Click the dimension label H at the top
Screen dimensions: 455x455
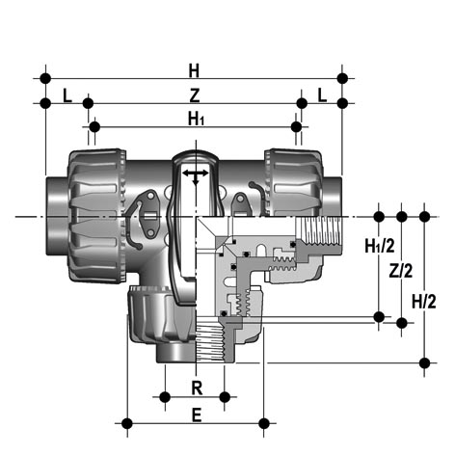tap(194, 70)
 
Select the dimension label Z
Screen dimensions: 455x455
tap(195, 95)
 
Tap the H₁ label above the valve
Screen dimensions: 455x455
tap(196, 120)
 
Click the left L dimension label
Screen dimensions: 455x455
tap(67, 95)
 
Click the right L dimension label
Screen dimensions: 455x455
tap(322, 95)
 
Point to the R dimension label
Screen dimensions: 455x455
tap(197, 388)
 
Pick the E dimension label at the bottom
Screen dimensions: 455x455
tap(197, 415)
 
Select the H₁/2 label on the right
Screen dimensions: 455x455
tap(380, 246)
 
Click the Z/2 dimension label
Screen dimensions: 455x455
tap(401, 271)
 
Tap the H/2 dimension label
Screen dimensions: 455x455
tap(424, 302)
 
